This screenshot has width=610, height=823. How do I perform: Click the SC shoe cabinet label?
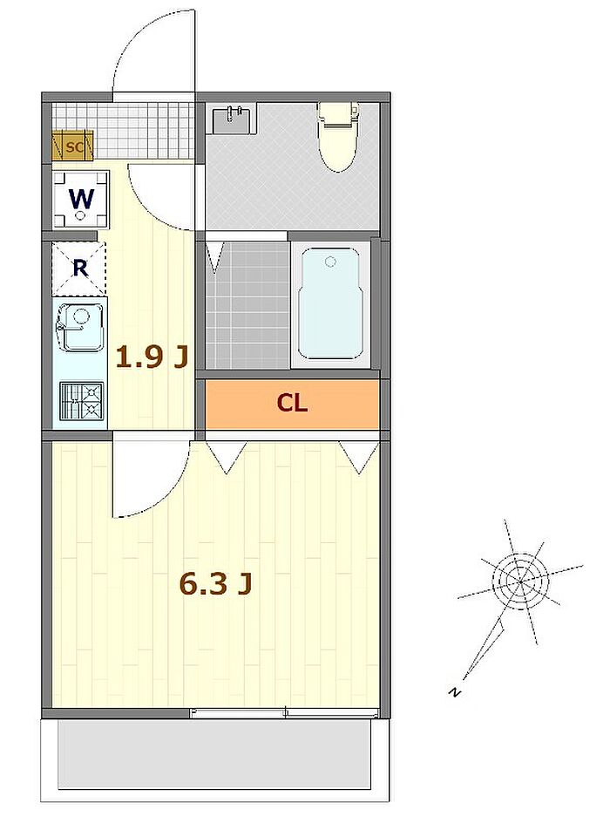[74, 147]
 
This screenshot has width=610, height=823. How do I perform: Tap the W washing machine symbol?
[81, 200]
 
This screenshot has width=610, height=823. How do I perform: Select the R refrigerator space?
[79, 269]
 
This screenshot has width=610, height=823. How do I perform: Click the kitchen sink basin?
[79, 328]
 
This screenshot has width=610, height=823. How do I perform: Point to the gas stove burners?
[81, 401]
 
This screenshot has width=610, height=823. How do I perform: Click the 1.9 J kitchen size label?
[151, 357]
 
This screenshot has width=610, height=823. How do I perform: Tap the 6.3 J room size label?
[215, 583]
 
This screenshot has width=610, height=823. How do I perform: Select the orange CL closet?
[292, 404]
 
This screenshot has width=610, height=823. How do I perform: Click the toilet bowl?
[338, 137]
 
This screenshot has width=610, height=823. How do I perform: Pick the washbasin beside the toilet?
[234, 119]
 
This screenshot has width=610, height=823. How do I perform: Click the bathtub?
[330, 304]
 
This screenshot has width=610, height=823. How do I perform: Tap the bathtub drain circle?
[330, 262]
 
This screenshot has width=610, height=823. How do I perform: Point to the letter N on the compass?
[455, 692]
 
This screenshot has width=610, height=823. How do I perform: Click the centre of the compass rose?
[520, 582]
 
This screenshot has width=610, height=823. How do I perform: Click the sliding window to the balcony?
[284, 713]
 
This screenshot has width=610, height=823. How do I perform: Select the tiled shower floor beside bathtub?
[247, 305]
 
